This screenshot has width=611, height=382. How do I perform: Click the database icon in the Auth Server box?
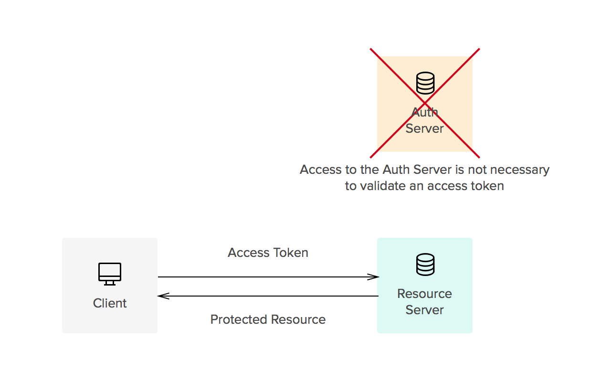pyautogui.click(x=425, y=83)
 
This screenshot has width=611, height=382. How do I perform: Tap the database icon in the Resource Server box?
pyautogui.click(x=425, y=265)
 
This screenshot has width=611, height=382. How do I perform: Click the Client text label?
pyautogui.click(x=110, y=303)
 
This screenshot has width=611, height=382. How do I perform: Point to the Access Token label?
pyautogui.click(x=268, y=253)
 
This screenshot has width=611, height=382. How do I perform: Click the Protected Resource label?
pyautogui.click(x=268, y=319)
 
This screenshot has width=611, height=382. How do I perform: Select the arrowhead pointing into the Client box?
pyautogui.click(x=163, y=296)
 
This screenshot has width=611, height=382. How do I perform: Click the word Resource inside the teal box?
pyautogui.click(x=424, y=294)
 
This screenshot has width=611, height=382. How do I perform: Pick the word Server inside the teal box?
pyautogui.click(x=424, y=310)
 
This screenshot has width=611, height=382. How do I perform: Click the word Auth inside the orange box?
pyautogui.click(x=425, y=112)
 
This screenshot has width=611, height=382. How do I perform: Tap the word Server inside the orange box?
pyautogui.click(x=424, y=128)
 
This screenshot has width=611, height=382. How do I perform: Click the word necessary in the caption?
pyautogui.click(x=521, y=170)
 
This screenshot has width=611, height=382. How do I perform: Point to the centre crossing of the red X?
pyautogui.click(x=425, y=103)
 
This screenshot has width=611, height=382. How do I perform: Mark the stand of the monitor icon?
pyautogui.click(x=109, y=283)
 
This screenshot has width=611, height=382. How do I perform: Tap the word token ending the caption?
pyautogui.click(x=487, y=186)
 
